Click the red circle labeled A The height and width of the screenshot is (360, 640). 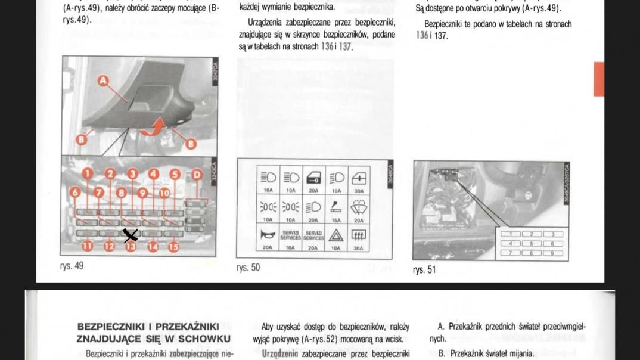point(104,80)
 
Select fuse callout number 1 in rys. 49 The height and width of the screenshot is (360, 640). point(87,174)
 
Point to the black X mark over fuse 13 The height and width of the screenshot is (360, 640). point(131,235)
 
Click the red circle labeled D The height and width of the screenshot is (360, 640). point(197,175)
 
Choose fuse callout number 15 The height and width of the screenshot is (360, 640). point(173,245)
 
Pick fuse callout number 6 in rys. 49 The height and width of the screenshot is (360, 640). point(75,192)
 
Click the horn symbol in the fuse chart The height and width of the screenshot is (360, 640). point(268,235)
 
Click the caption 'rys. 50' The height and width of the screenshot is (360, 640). point(248,268)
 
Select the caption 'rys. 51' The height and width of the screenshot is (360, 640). point(424,270)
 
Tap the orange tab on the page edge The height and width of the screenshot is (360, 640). point(598,79)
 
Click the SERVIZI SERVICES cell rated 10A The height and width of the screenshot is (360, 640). point(291,237)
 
